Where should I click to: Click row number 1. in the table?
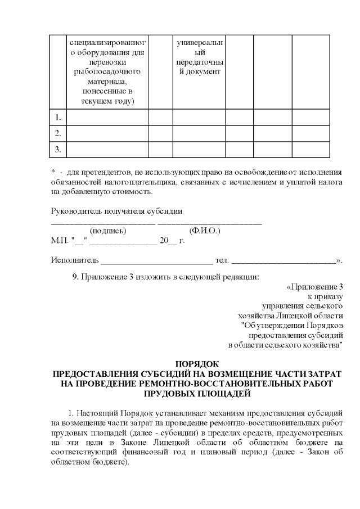[x=57, y=118]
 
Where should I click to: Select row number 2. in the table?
[x=57, y=133]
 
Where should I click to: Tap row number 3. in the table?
[x=57, y=149]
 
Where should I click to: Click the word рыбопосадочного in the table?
[x=107, y=72]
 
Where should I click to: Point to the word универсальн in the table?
[x=199, y=42]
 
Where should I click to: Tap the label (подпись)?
[x=108, y=231]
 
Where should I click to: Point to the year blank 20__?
[x=168, y=241]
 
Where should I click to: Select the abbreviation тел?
[x=222, y=261]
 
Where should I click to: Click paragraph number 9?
[x=76, y=277]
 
